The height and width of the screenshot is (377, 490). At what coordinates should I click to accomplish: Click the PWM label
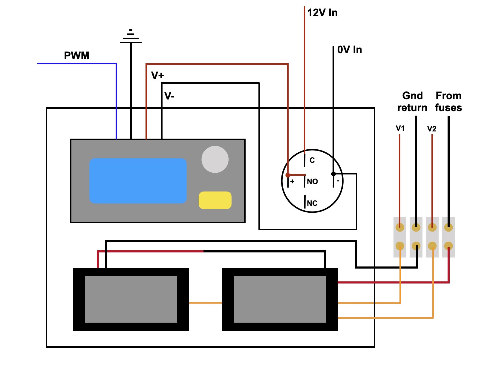(76, 56)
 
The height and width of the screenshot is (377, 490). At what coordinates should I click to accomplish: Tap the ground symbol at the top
(131, 36)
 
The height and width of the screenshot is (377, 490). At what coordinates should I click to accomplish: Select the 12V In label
(322, 13)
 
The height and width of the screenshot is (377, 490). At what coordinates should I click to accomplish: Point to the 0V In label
(349, 50)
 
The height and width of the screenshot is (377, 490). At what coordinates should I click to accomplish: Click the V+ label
(157, 75)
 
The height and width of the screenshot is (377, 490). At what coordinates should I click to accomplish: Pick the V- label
(169, 96)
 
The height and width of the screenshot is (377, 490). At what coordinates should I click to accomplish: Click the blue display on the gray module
(138, 181)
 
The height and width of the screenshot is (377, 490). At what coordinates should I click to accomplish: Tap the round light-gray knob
(215, 159)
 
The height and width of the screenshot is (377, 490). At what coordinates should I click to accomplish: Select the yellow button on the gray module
(215, 200)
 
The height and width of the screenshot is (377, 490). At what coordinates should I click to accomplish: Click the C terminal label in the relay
(312, 160)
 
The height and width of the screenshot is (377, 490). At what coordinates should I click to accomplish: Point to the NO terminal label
(312, 181)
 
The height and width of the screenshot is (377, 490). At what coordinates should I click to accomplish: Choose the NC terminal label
(312, 203)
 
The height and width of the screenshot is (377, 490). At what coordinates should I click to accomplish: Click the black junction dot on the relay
(333, 174)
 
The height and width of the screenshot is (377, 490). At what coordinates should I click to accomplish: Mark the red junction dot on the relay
(288, 175)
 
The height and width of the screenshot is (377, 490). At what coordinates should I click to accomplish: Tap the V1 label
(400, 128)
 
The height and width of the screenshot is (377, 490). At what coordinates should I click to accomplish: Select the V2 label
(432, 129)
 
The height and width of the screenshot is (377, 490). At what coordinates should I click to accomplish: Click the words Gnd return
(412, 102)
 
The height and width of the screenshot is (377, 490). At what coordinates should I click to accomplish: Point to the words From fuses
(448, 102)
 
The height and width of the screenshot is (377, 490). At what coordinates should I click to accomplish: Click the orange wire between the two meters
(206, 303)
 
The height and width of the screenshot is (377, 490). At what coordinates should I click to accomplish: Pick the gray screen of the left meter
(131, 299)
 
